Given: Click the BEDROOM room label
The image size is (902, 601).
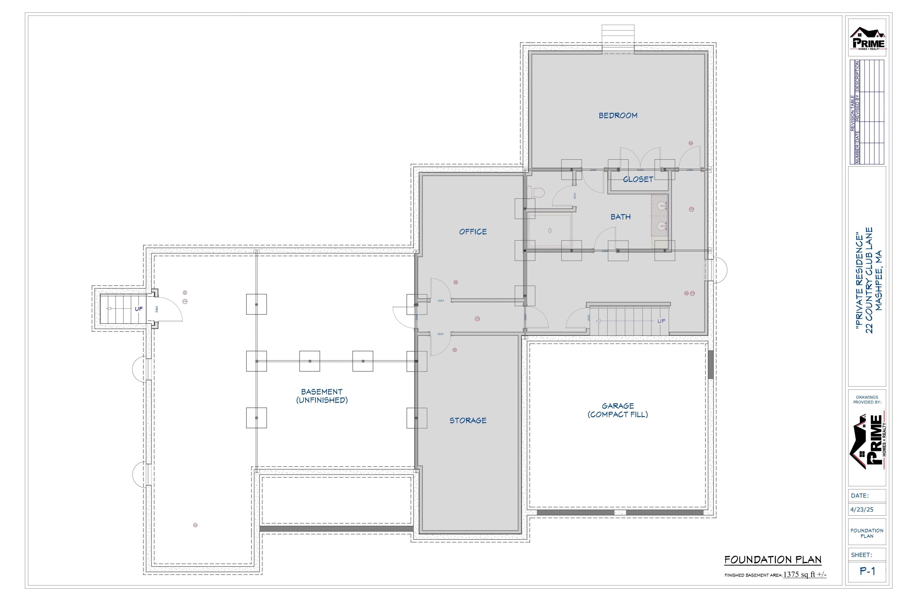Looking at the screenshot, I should [x=618, y=115].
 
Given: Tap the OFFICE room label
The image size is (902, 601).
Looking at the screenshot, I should [x=473, y=231].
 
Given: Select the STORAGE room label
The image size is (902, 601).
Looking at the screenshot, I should [x=468, y=420].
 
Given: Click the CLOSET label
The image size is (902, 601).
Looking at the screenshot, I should [x=638, y=179].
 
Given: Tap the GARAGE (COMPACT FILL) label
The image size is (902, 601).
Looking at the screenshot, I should [x=618, y=410].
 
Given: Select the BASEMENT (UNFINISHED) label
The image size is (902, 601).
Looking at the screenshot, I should [x=322, y=395].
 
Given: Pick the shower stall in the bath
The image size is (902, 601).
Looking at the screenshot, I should [x=550, y=231].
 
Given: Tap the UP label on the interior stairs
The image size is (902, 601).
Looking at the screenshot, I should [x=661, y=321].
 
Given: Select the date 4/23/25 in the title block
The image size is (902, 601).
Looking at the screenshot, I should [x=862, y=510].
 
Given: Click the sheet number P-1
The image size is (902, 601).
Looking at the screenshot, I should [x=867, y=572].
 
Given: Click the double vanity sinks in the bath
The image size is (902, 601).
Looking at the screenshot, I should [x=661, y=216].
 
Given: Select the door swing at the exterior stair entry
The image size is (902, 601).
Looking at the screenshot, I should [x=171, y=309].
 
